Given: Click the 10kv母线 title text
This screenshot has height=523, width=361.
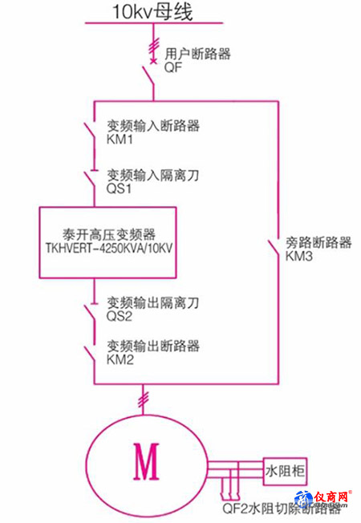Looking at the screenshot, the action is pyautogui.click(x=152, y=12).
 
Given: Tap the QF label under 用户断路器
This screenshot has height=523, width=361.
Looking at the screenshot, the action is pyautogui.click(x=173, y=67).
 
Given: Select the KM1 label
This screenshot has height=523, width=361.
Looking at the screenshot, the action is pyautogui.click(x=120, y=139).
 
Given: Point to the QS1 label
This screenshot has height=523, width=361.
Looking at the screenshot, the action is pyautogui.click(x=119, y=189).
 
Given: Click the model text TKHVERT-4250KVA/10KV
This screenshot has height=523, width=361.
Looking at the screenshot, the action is pyautogui.click(x=109, y=248).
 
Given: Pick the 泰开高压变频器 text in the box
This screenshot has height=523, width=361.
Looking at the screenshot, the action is pyautogui.click(x=109, y=234).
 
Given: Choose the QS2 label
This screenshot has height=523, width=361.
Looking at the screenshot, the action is pyautogui.click(x=119, y=316).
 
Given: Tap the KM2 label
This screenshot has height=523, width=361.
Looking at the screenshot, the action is pyautogui.click(x=120, y=359).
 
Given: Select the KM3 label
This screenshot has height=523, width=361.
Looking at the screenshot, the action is pyautogui.click(x=299, y=256).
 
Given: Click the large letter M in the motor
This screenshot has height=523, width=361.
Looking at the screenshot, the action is pyautogui.click(x=146, y=461).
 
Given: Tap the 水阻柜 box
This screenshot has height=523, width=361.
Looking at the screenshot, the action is pyautogui.click(x=285, y=472).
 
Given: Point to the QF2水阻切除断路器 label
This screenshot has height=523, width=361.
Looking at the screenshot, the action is pyautogui.click(x=282, y=509).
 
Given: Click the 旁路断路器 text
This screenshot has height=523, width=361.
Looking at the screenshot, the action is pyautogui.click(x=318, y=242).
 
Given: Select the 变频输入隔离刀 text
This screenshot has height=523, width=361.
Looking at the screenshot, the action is pyautogui.click(x=152, y=175).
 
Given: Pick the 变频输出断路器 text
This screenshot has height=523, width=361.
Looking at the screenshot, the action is pyautogui.click(x=153, y=346).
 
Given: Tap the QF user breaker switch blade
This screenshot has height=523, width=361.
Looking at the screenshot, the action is pyautogui.click(x=148, y=76).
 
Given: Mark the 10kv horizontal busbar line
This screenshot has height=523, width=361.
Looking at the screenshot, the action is pyautogui.click(x=154, y=23).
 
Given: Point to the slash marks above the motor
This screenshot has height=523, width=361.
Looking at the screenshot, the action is pyautogui.click(x=144, y=399).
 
